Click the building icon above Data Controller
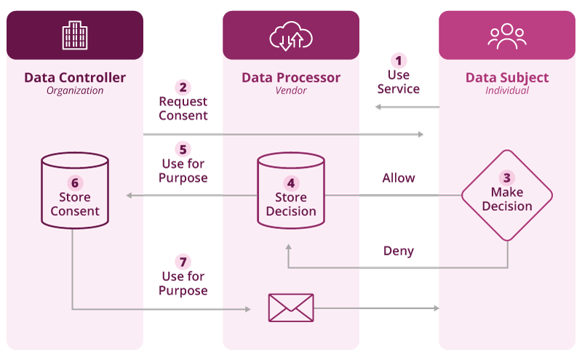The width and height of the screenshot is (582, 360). click(75, 35)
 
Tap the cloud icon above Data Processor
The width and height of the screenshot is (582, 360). click(290, 36)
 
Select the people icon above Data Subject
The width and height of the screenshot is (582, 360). click(506, 36)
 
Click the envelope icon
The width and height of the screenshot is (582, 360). click(290, 308)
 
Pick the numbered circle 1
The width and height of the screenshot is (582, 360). click(399, 60)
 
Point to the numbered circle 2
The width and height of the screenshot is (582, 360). click(183, 87)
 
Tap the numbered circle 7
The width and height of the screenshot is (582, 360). click(183, 262)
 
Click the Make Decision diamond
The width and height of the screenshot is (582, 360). click(507, 196)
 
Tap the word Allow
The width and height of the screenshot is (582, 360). click(399, 177)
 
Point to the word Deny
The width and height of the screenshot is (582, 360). click(399, 251)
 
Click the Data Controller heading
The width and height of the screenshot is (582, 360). click(75, 78)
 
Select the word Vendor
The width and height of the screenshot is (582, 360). click(291, 91)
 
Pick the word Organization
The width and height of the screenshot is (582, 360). click(75, 91)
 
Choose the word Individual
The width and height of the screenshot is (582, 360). click(507, 91)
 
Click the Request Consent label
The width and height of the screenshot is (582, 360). click(183, 108)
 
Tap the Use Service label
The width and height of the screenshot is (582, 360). click(399, 81)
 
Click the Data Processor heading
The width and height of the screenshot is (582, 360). click(291, 78)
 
